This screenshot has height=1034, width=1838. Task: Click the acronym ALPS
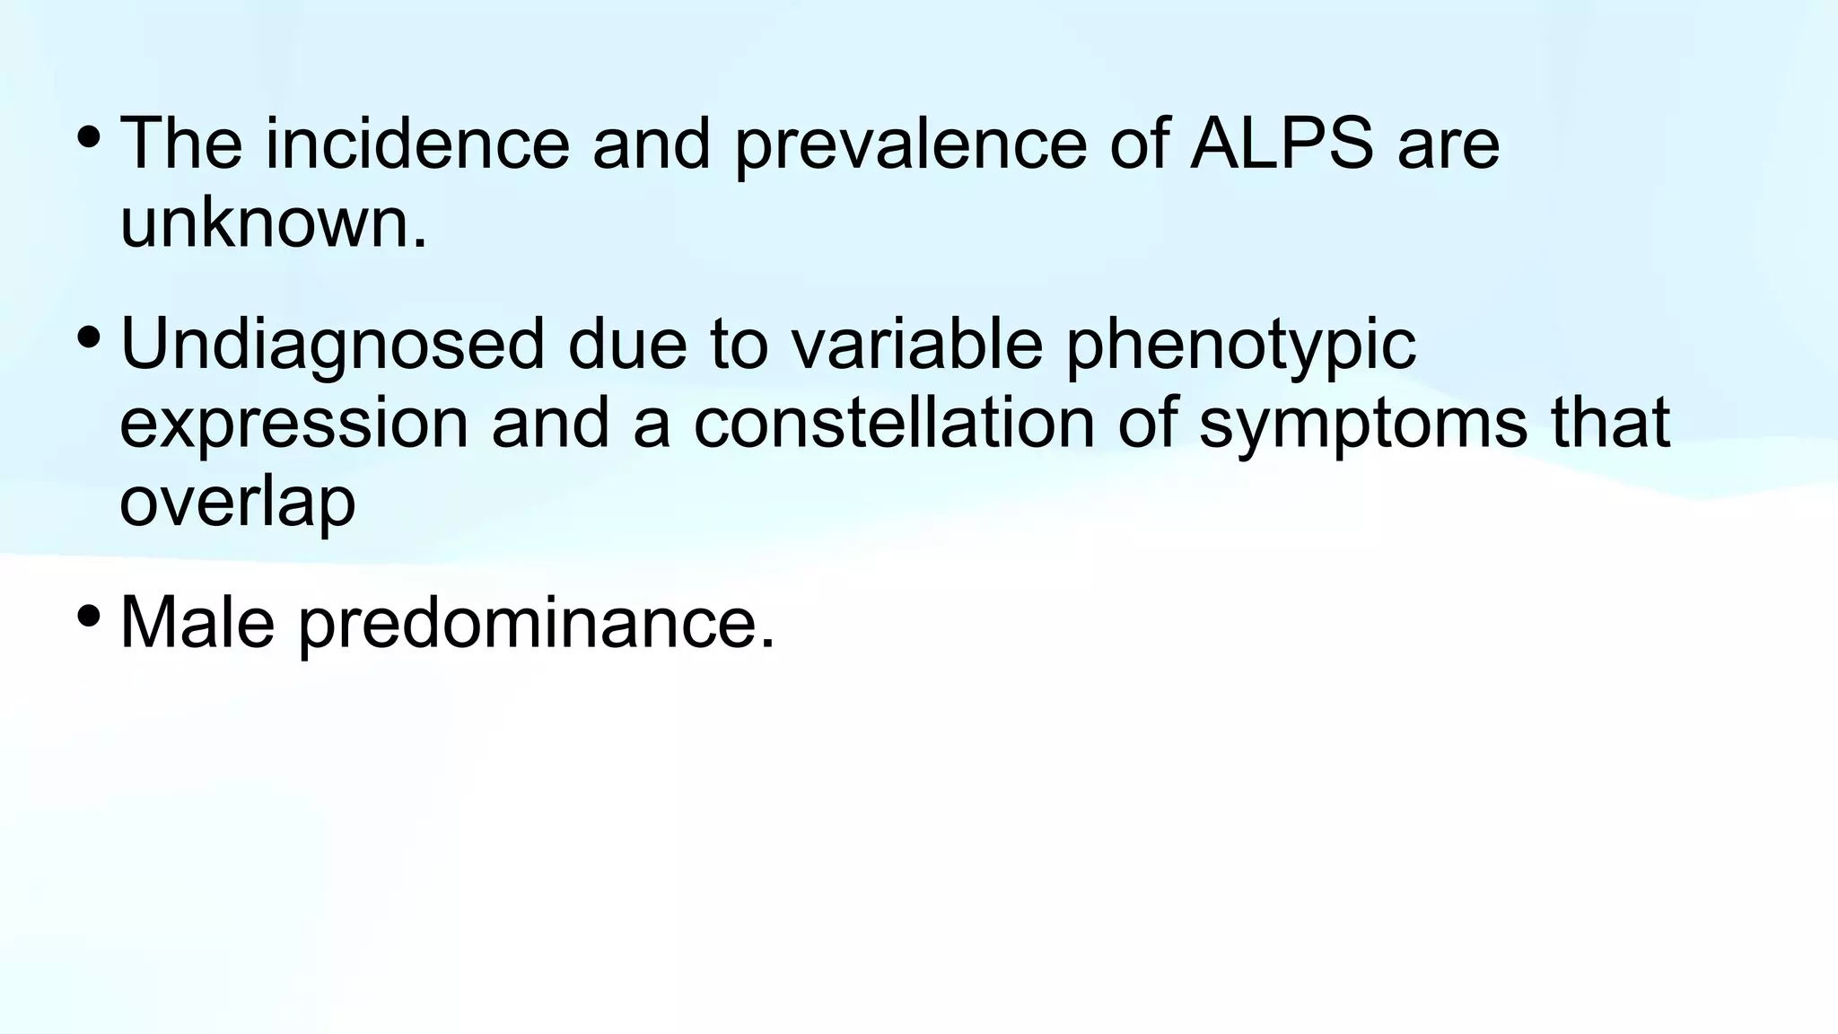point(1281,144)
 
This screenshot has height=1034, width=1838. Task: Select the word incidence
point(417,144)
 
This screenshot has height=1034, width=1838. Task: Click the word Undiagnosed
point(333,345)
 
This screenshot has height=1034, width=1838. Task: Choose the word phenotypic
point(1241,345)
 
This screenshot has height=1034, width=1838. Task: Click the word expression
point(293,424)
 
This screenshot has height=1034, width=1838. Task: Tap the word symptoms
point(1363,424)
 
